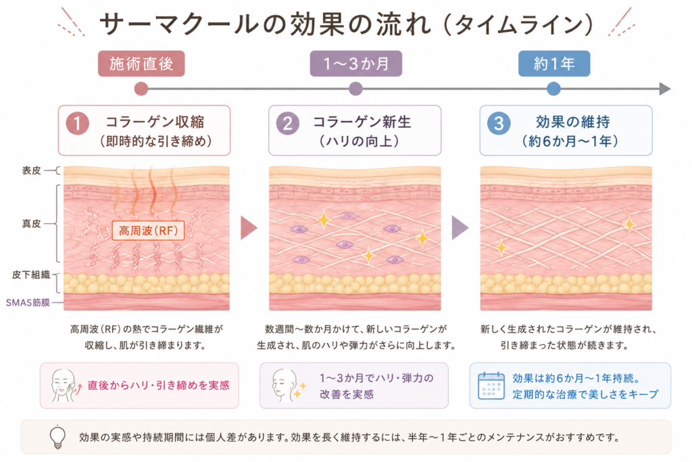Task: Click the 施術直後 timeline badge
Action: pyautogui.click(x=141, y=64)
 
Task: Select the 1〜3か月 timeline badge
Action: pyautogui.click(x=355, y=64)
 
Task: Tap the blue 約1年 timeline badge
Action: pyautogui.click(x=554, y=64)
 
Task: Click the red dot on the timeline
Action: pyautogui.click(x=141, y=89)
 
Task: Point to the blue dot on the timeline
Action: pyautogui.click(x=553, y=89)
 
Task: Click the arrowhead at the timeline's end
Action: pyautogui.click(x=665, y=89)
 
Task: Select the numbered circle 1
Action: pyautogui.click(x=78, y=123)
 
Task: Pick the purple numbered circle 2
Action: pyautogui.click(x=288, y=123)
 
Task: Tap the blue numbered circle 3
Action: pyautogui.click(x=499, y=123)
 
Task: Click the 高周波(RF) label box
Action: pyautogui.click(x=148, y=230)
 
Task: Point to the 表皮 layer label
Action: pyautogui.click(x=31, y=170)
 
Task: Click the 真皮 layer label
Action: pyautogui.click(x=31, y=224)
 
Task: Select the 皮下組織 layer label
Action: pyautogui.click(x=31, y=275)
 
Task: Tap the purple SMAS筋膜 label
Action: pyautogui.click(x=28, y=302)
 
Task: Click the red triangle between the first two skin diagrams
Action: pyautogui.click(x=249, y=228)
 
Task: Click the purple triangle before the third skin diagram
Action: pyautogui.click(x=460, y=228)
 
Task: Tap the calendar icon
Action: pyautogui.click(x=491, y=386)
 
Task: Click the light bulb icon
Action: pyautogui.click(x=57, y=437)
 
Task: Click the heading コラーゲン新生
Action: pyautogui.click(x=362, y=122)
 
